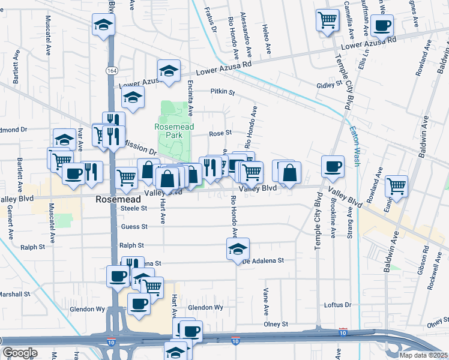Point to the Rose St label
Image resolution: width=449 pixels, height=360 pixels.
220,133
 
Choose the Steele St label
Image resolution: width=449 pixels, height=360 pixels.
134,208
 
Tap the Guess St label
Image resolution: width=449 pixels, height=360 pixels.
134,227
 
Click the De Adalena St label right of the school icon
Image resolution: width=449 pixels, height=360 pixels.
263,261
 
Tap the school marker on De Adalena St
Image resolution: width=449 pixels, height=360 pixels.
238,248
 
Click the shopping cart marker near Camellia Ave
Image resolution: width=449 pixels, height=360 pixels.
328,20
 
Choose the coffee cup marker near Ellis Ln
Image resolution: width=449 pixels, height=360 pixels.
382,26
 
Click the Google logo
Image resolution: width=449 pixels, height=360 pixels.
20,353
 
